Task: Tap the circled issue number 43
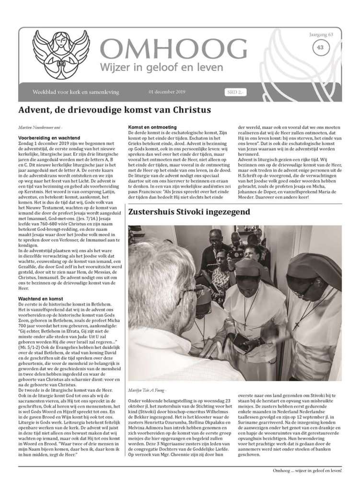pyautogui.click(x=319, y=47)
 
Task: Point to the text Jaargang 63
pyautogui.click(x=319, y=35)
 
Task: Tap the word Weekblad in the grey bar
pyautogui.click(x=43, y=92)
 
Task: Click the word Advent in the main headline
pyautogui.click(x=35, y=110)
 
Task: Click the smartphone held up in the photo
pyautogui.click(x=235, y=254)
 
